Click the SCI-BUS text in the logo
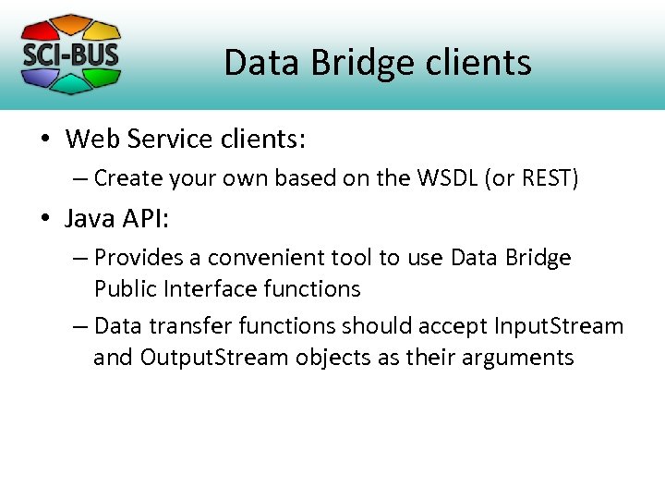click(x=70, y=53)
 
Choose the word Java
click(x=91, y=218)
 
